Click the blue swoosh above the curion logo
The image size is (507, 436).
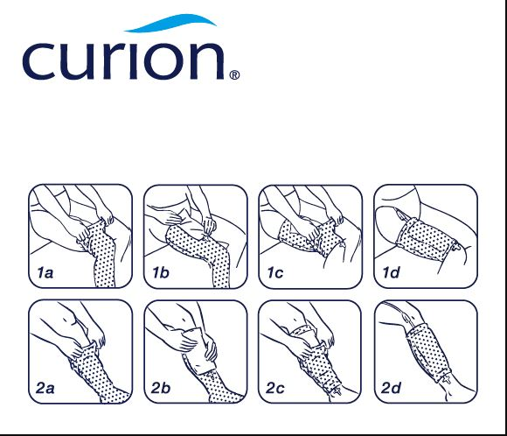click(170, 23)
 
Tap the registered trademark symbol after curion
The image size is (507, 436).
click(234, 75)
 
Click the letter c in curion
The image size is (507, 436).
click(38, 61)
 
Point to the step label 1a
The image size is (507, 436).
click(45, 273)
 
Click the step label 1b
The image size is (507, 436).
click(161, 273)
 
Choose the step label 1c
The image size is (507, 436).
click(275, 273)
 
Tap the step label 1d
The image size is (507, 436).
click(392, 273)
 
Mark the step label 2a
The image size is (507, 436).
click(45, 388)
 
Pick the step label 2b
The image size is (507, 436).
click(161, 388)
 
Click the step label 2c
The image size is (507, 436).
click(275, 388)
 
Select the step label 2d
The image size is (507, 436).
click(392, 388)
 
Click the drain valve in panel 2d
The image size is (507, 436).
click(448, 378)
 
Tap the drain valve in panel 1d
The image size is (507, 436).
click(457, 247)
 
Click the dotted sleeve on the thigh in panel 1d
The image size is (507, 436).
click(426, 236)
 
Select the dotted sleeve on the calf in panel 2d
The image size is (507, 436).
click(427, 352)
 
